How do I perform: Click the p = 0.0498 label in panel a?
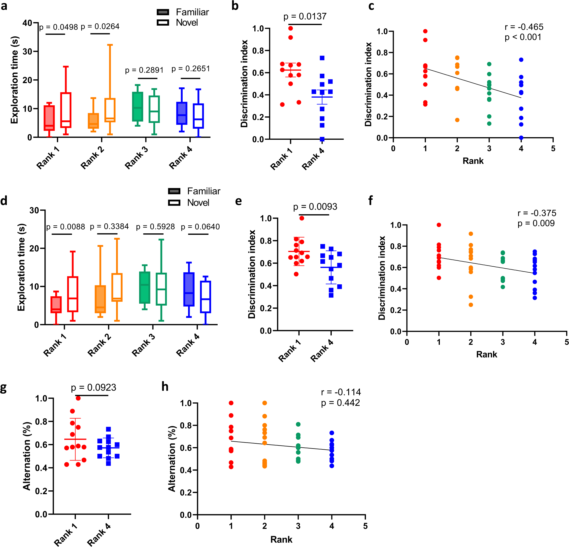(58, 27)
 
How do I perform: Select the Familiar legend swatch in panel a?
(163, 12)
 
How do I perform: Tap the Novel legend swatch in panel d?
(174, 203)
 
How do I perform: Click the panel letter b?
(235, 6)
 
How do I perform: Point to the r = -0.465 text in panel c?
(524, 27)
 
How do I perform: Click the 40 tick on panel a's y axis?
(27, 23)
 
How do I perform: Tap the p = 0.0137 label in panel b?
(305, 16)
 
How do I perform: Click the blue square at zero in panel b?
(322, 139)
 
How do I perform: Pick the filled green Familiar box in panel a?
(138, 106)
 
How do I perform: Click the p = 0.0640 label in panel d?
(200, 227)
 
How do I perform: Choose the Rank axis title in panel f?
(486, 354)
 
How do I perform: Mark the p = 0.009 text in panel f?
(536, 223)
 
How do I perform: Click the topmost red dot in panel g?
(78, 398)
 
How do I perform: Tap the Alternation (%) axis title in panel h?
(172, 459)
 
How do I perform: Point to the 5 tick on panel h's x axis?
(365, 526)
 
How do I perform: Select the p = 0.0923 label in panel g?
(94, 387)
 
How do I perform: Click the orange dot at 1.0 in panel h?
(265, 403)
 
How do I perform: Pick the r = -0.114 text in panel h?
(341, 392)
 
